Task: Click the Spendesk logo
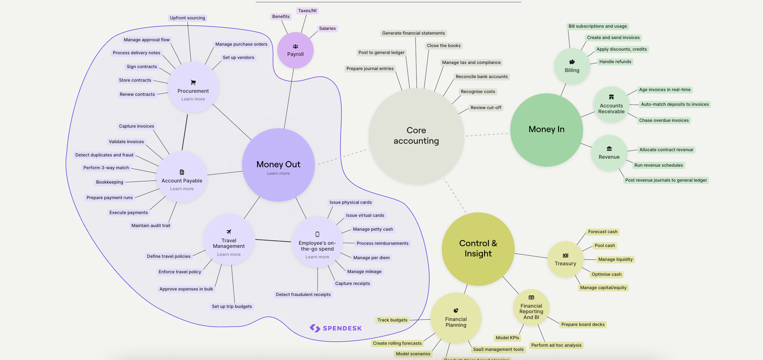pyautogui.click(x=335, y=328)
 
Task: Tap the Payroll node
pyautogui.click(x=295, y=50)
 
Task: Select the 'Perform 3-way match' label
pyautogui.click(x=106, y=168)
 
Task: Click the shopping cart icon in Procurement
pyautogui.click(x=193, y=82)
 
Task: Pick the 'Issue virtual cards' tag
pyautogui.click(x=365, y=215)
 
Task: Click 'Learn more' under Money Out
pyautogui.click(x=278, y=173)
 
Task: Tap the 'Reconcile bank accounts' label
pyautogui.click(x=481, y=77)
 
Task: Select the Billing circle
pyautogui.click(x=572, y=66)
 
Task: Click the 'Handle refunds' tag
pyautogui.click(x=615, y=62)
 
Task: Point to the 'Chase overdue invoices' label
pyautogui.click(x=663, y=120)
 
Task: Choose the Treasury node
pyautogui.click(x=565, y=259)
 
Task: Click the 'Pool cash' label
pyautogui.click(x=604, y=245)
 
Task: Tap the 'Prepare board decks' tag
pyautogui.click(x=582, y=324)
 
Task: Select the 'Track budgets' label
pyautogui.click(x=392, y=320)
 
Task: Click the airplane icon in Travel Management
pyautogui.click(x=228, y=232)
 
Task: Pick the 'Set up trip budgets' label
pyautogui.click(x=231, y=306)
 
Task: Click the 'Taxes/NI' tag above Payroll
pyautogui.click(x=307, y=10)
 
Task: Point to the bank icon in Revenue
pyautogui.click(x=609, y=148)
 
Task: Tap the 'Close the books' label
pyautogui.click(x=443, y=45)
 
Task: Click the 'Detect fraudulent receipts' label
pyautogui.click(x=303, y=294)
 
